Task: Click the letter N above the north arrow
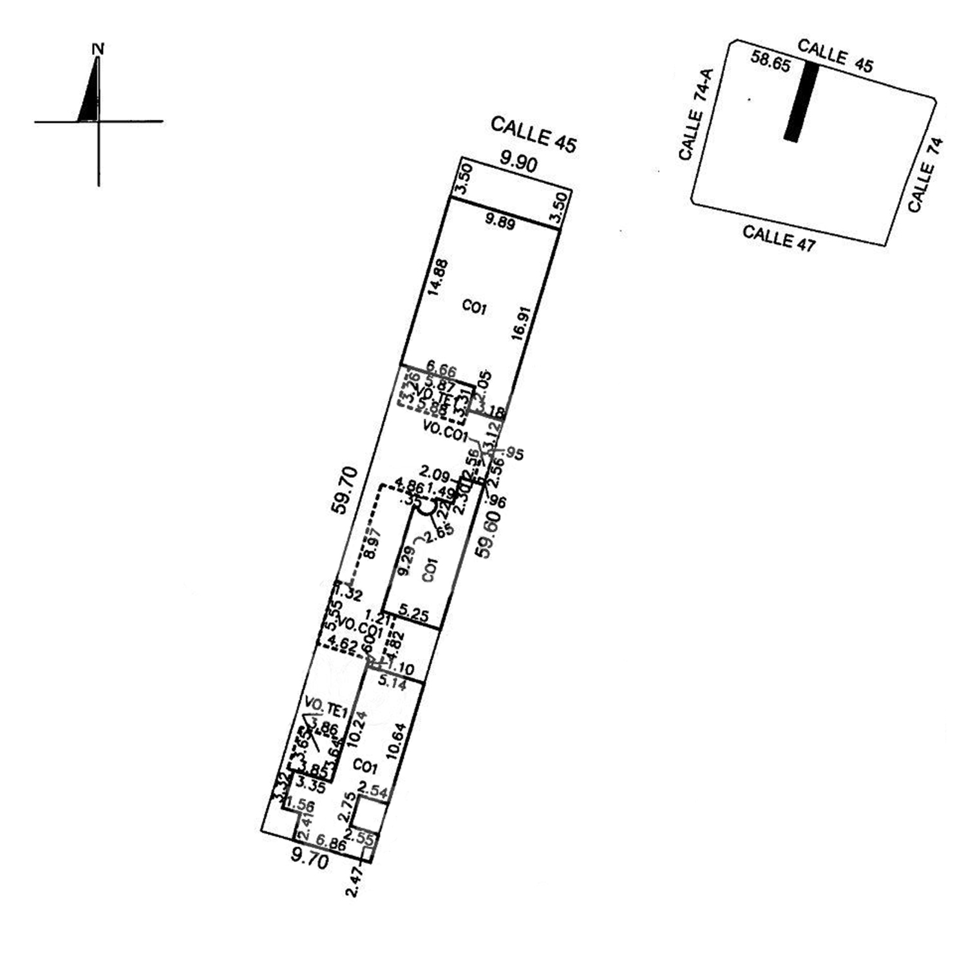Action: (99, 49)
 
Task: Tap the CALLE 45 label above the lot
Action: (533, 134)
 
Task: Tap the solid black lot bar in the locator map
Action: (802, 101)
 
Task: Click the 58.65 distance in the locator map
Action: (771, 62)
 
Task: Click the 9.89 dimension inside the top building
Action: (500, 222)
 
